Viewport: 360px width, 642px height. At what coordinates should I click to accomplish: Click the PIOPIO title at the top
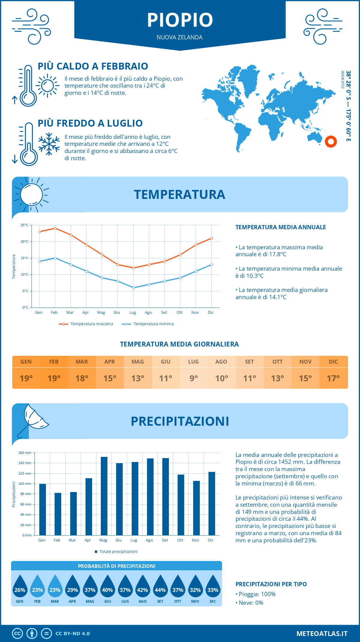pos(180,20)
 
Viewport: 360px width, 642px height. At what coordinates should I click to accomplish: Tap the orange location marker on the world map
pos(331,142)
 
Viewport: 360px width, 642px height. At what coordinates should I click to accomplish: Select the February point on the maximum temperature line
pos(55,228)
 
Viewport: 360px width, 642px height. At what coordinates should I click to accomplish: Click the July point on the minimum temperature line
pos(133,288)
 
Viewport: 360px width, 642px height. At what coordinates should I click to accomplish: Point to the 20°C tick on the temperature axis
pos(25,241)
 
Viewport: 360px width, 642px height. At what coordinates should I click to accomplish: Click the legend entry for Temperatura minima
pos(148,324)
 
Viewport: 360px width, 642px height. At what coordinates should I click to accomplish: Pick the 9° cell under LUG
pos(193,378)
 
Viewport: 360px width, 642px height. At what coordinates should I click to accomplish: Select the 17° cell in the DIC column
pos(333,378)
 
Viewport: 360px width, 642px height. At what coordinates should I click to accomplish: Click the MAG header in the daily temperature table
pos(138,362)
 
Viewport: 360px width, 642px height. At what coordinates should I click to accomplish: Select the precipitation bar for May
pos(104,496)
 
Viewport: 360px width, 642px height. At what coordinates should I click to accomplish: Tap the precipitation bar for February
pos(58,514)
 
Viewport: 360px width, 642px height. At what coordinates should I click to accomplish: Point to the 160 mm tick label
pos(25,453)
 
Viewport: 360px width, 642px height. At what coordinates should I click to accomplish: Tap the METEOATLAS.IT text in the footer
pos(322,634)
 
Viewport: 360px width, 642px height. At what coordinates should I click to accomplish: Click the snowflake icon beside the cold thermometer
pos(49,144)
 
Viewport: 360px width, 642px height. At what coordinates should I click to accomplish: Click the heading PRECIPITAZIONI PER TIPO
pos(271,584)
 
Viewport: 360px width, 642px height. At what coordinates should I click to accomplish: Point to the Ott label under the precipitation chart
pos(180,540)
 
